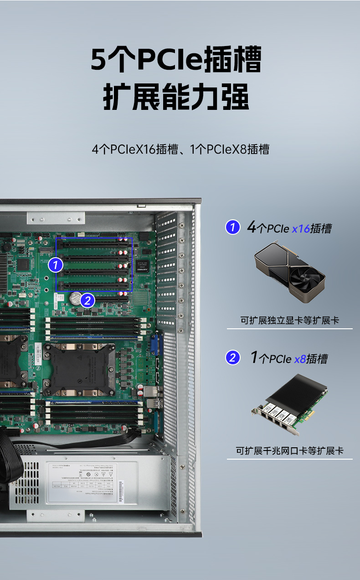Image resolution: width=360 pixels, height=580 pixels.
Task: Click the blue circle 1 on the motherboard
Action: point(55,264)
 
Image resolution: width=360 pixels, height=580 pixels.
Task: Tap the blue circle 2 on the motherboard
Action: point(87,300)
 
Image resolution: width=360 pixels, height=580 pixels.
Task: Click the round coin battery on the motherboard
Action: point(75,298)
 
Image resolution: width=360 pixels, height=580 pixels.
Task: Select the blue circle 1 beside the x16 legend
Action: point(233,227)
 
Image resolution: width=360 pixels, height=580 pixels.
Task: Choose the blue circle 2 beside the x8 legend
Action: point(233,357)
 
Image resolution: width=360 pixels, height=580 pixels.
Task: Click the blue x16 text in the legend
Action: point(301,228)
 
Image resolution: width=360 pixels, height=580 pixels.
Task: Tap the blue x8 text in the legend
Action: point(300,359)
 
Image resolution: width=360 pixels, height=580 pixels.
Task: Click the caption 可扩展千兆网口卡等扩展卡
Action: point(289,451)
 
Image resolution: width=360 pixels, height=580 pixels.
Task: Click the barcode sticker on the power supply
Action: point(121,492)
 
